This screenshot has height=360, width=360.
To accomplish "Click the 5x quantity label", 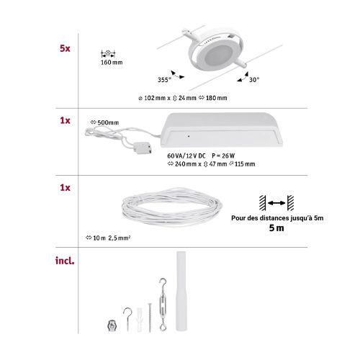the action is (x=65, y=48).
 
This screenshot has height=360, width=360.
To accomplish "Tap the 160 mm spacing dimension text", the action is (x=112, y=63).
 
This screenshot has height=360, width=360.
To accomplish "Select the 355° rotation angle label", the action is (x=164, y=80).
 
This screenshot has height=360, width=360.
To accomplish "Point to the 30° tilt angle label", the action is (x=254, y=80).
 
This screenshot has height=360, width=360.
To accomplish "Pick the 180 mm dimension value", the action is (x=216, y=98).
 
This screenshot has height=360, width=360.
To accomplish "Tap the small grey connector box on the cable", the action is (x=143, y=148).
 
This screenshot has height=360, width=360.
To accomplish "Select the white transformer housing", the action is (x=221, y=130).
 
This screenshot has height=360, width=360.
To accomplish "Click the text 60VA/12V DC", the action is (x=186, y=156).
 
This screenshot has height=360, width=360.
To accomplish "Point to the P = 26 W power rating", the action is (x=223, y=156).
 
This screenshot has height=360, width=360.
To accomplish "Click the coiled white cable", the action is (x=172, y=207).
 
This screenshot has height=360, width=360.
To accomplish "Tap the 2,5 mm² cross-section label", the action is (x=120, y=238).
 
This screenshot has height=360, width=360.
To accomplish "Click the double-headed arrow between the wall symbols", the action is (x=276, y=203).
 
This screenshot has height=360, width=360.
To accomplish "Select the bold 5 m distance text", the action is (x=276, y=228).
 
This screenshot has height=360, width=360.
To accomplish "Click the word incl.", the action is (x=65, y=261).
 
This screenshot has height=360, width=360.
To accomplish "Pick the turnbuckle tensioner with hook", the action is (x=163, y=305).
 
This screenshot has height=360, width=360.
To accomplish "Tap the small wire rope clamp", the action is (x=112, y=326).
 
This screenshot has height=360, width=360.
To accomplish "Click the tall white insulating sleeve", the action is (x=181, y=291).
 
